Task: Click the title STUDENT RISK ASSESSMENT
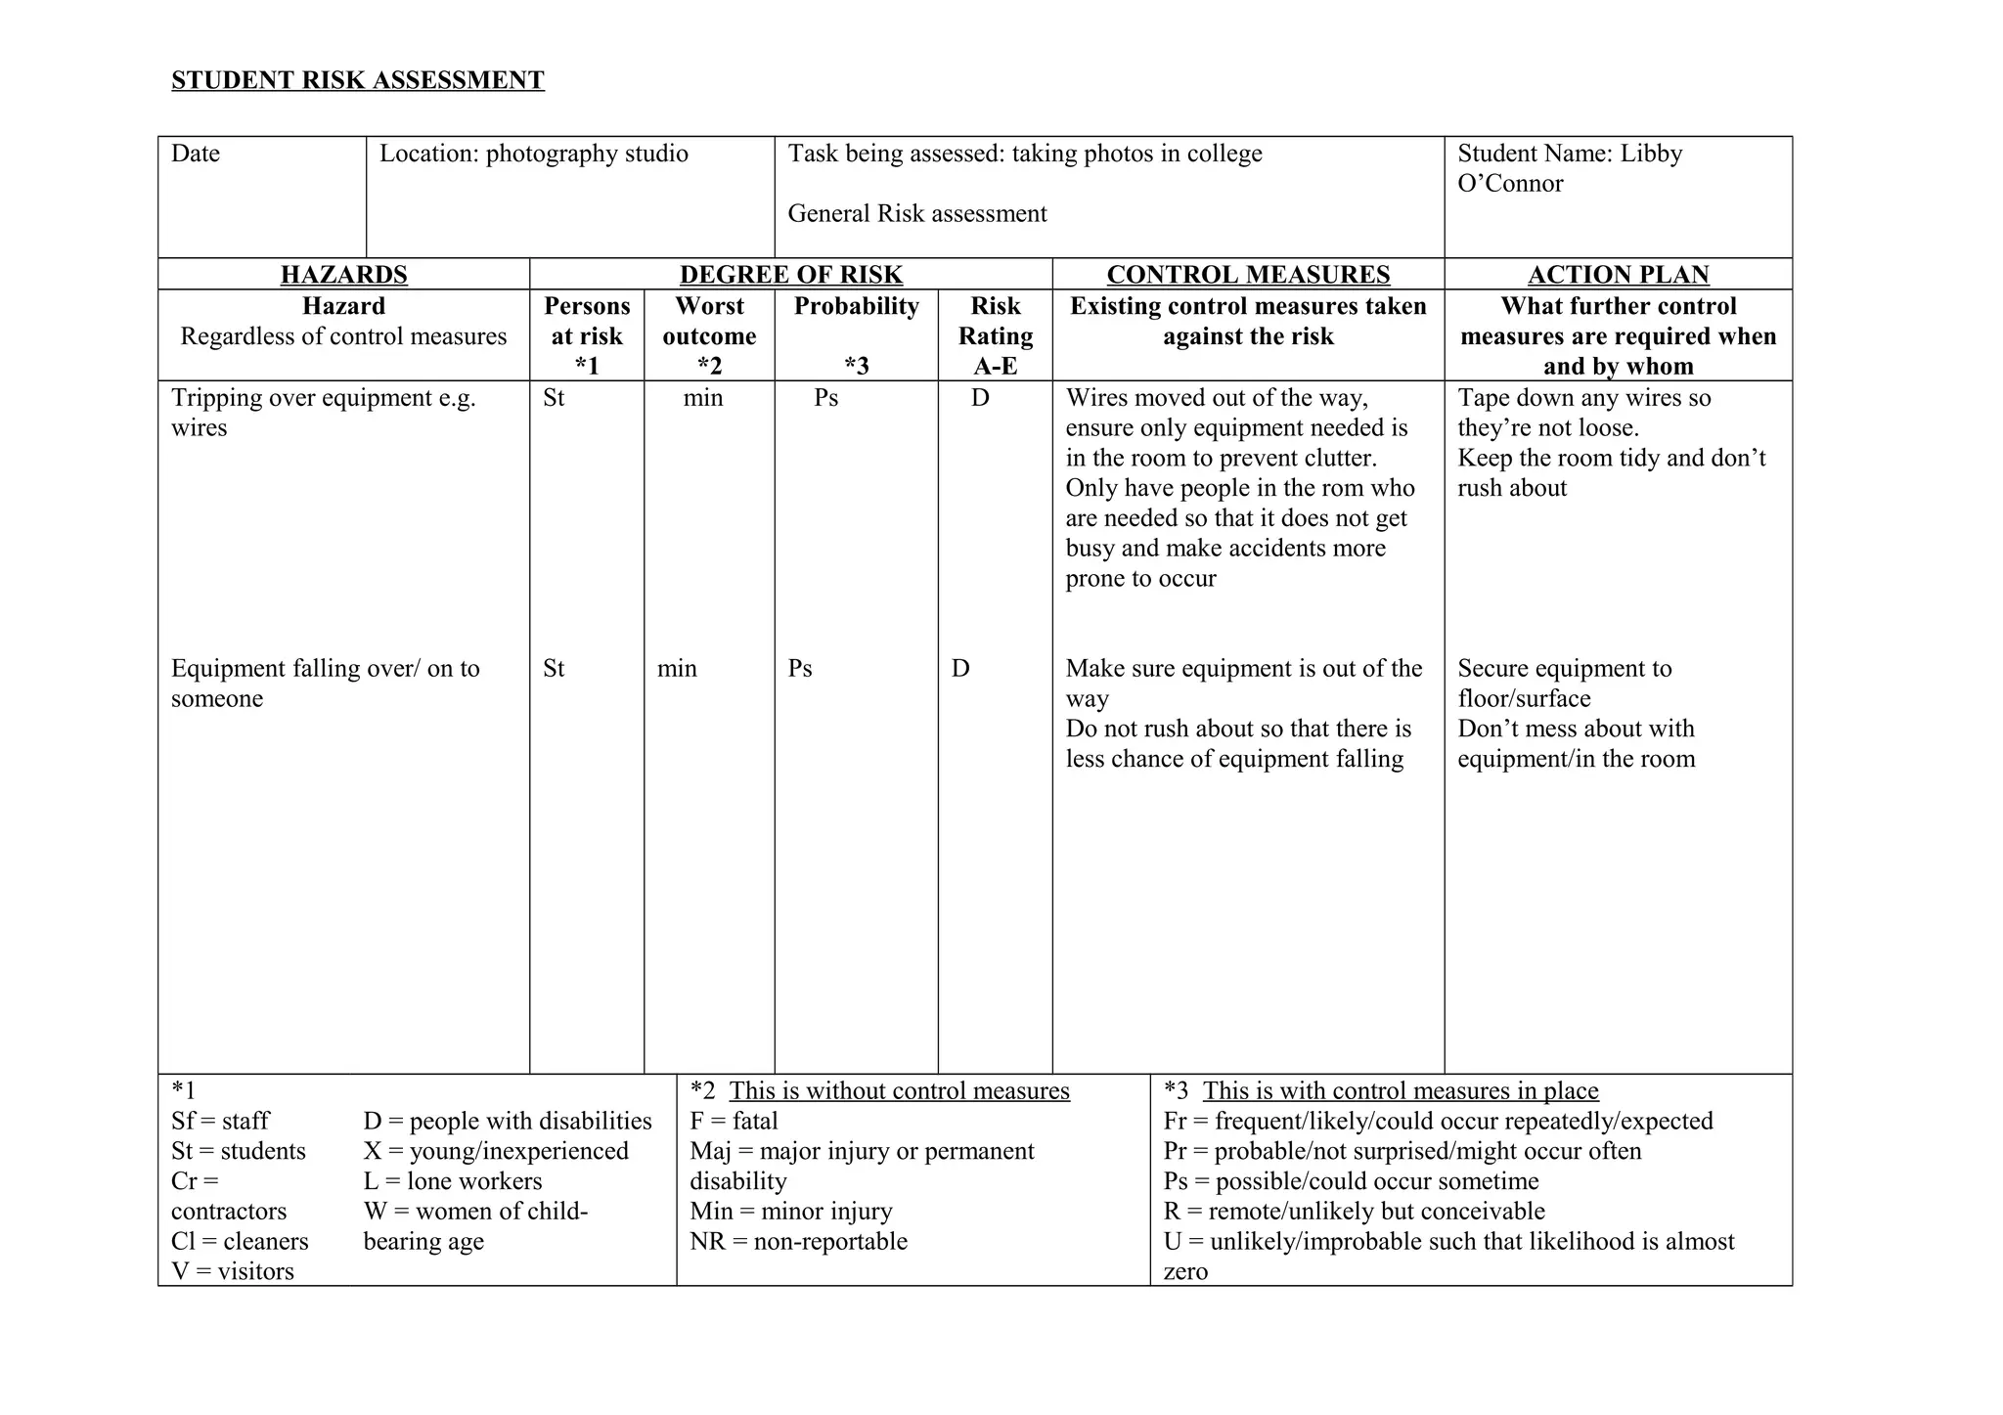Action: point(357,80)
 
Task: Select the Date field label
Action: point(196,154)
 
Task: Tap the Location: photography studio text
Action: point(533,154)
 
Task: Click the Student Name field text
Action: point(1569,168)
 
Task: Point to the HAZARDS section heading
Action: point(343,275)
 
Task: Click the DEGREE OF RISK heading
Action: point(790,275)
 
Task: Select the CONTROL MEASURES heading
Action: point(1248,275)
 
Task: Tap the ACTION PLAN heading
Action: point(1618,275)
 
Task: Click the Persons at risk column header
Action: point(587,335)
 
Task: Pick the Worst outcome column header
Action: point(709,335)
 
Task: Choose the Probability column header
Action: point(856,307)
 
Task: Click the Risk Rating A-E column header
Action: point(995,335)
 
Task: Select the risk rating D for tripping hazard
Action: point(980,398)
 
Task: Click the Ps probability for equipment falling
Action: point(800,669)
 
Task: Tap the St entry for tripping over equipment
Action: point(554,398)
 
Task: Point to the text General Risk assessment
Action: point(916,214)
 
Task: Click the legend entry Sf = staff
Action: point(220,1121)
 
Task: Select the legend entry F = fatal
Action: point(734,1121)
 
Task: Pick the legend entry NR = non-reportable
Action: point(798,1242)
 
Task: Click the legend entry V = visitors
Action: point(233,1271)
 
